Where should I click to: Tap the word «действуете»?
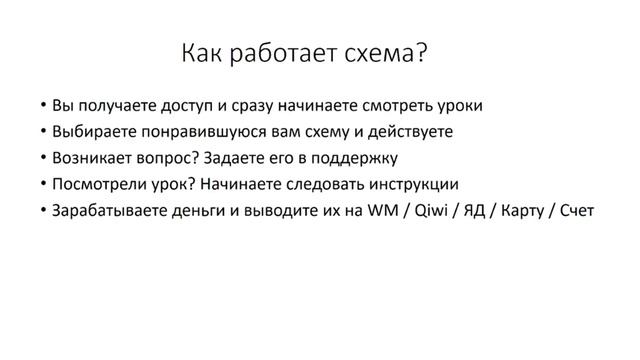pos(410,131)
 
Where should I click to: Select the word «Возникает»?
pos(94,157)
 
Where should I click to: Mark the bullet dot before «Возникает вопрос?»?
pos(43,158)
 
